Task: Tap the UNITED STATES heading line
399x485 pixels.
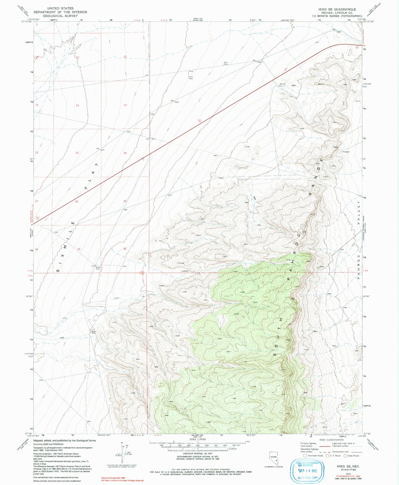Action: (x=60, y=8)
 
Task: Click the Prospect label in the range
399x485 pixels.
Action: (x=346, y=152)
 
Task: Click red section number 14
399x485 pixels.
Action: (x=77, y=106)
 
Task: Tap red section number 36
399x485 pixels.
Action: (x=125, y=249)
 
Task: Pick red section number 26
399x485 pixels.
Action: (x=77, y=201)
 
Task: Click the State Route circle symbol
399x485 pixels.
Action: (x=345, y=456)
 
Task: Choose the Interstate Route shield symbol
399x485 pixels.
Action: (x=305, y=456)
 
